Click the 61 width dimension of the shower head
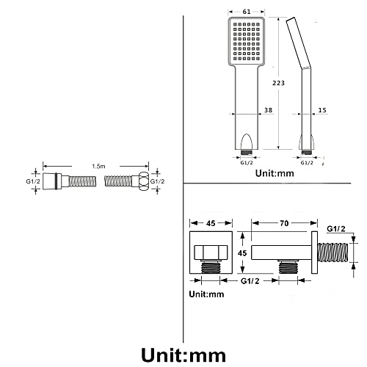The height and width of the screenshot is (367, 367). tap(247, 12)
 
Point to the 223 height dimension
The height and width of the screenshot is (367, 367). tap(279, 83)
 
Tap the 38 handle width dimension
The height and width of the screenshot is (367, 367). tap(268, 110)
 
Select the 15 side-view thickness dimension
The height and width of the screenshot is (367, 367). tap(322, 110)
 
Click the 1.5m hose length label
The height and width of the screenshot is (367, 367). tap(98, 167)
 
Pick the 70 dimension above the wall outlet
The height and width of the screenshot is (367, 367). tap(284, 223)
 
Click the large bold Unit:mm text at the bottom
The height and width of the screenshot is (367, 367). tap(183, 355)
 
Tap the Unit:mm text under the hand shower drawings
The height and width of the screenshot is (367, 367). tap(275, 173)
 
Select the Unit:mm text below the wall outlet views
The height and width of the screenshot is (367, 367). tap(206, 294)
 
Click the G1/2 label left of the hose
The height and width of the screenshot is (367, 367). tap(33, 181)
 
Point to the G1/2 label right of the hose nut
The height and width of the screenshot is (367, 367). tap(157, 181)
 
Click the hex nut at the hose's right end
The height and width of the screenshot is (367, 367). tap(144, 181)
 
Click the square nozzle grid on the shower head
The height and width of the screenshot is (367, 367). tap(247, 42)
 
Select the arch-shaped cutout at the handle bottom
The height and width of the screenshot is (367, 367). tap(247, 142)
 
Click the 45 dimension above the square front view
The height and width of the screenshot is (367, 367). tap(211, 223)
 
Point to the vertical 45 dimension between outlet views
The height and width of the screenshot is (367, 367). tap(242, 252)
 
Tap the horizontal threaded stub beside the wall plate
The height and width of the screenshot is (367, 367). tap(333, 252)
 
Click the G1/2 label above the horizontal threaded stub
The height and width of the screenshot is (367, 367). tap(336, 229)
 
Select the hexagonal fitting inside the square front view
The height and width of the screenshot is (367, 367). tap(211, 252)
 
